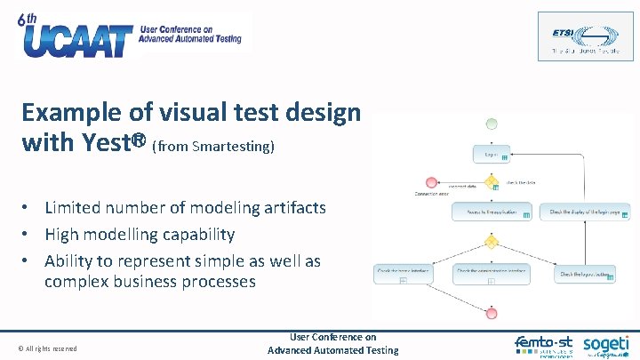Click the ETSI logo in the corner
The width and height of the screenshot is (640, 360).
click(x=585, y=36)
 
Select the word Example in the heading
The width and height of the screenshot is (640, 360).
click(x=74, y=113)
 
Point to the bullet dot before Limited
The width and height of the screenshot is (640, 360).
click(x=28, y=208)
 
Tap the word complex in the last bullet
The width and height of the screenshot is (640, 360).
click(x=77, y=282)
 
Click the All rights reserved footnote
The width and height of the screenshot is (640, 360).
click(x=47, y=348)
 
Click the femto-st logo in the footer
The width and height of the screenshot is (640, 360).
click(x=544, y=345)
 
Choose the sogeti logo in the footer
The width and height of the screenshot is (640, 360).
click(x=605, y=344)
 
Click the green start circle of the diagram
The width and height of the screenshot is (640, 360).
click(x=492, y=124)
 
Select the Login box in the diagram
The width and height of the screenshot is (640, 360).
click(x=492, y=154)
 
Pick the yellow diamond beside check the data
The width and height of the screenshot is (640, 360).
click(x=492, y=182)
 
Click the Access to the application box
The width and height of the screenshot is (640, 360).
click(x=492, y=212)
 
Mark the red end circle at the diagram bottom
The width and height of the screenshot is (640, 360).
click(x=492, y=312)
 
